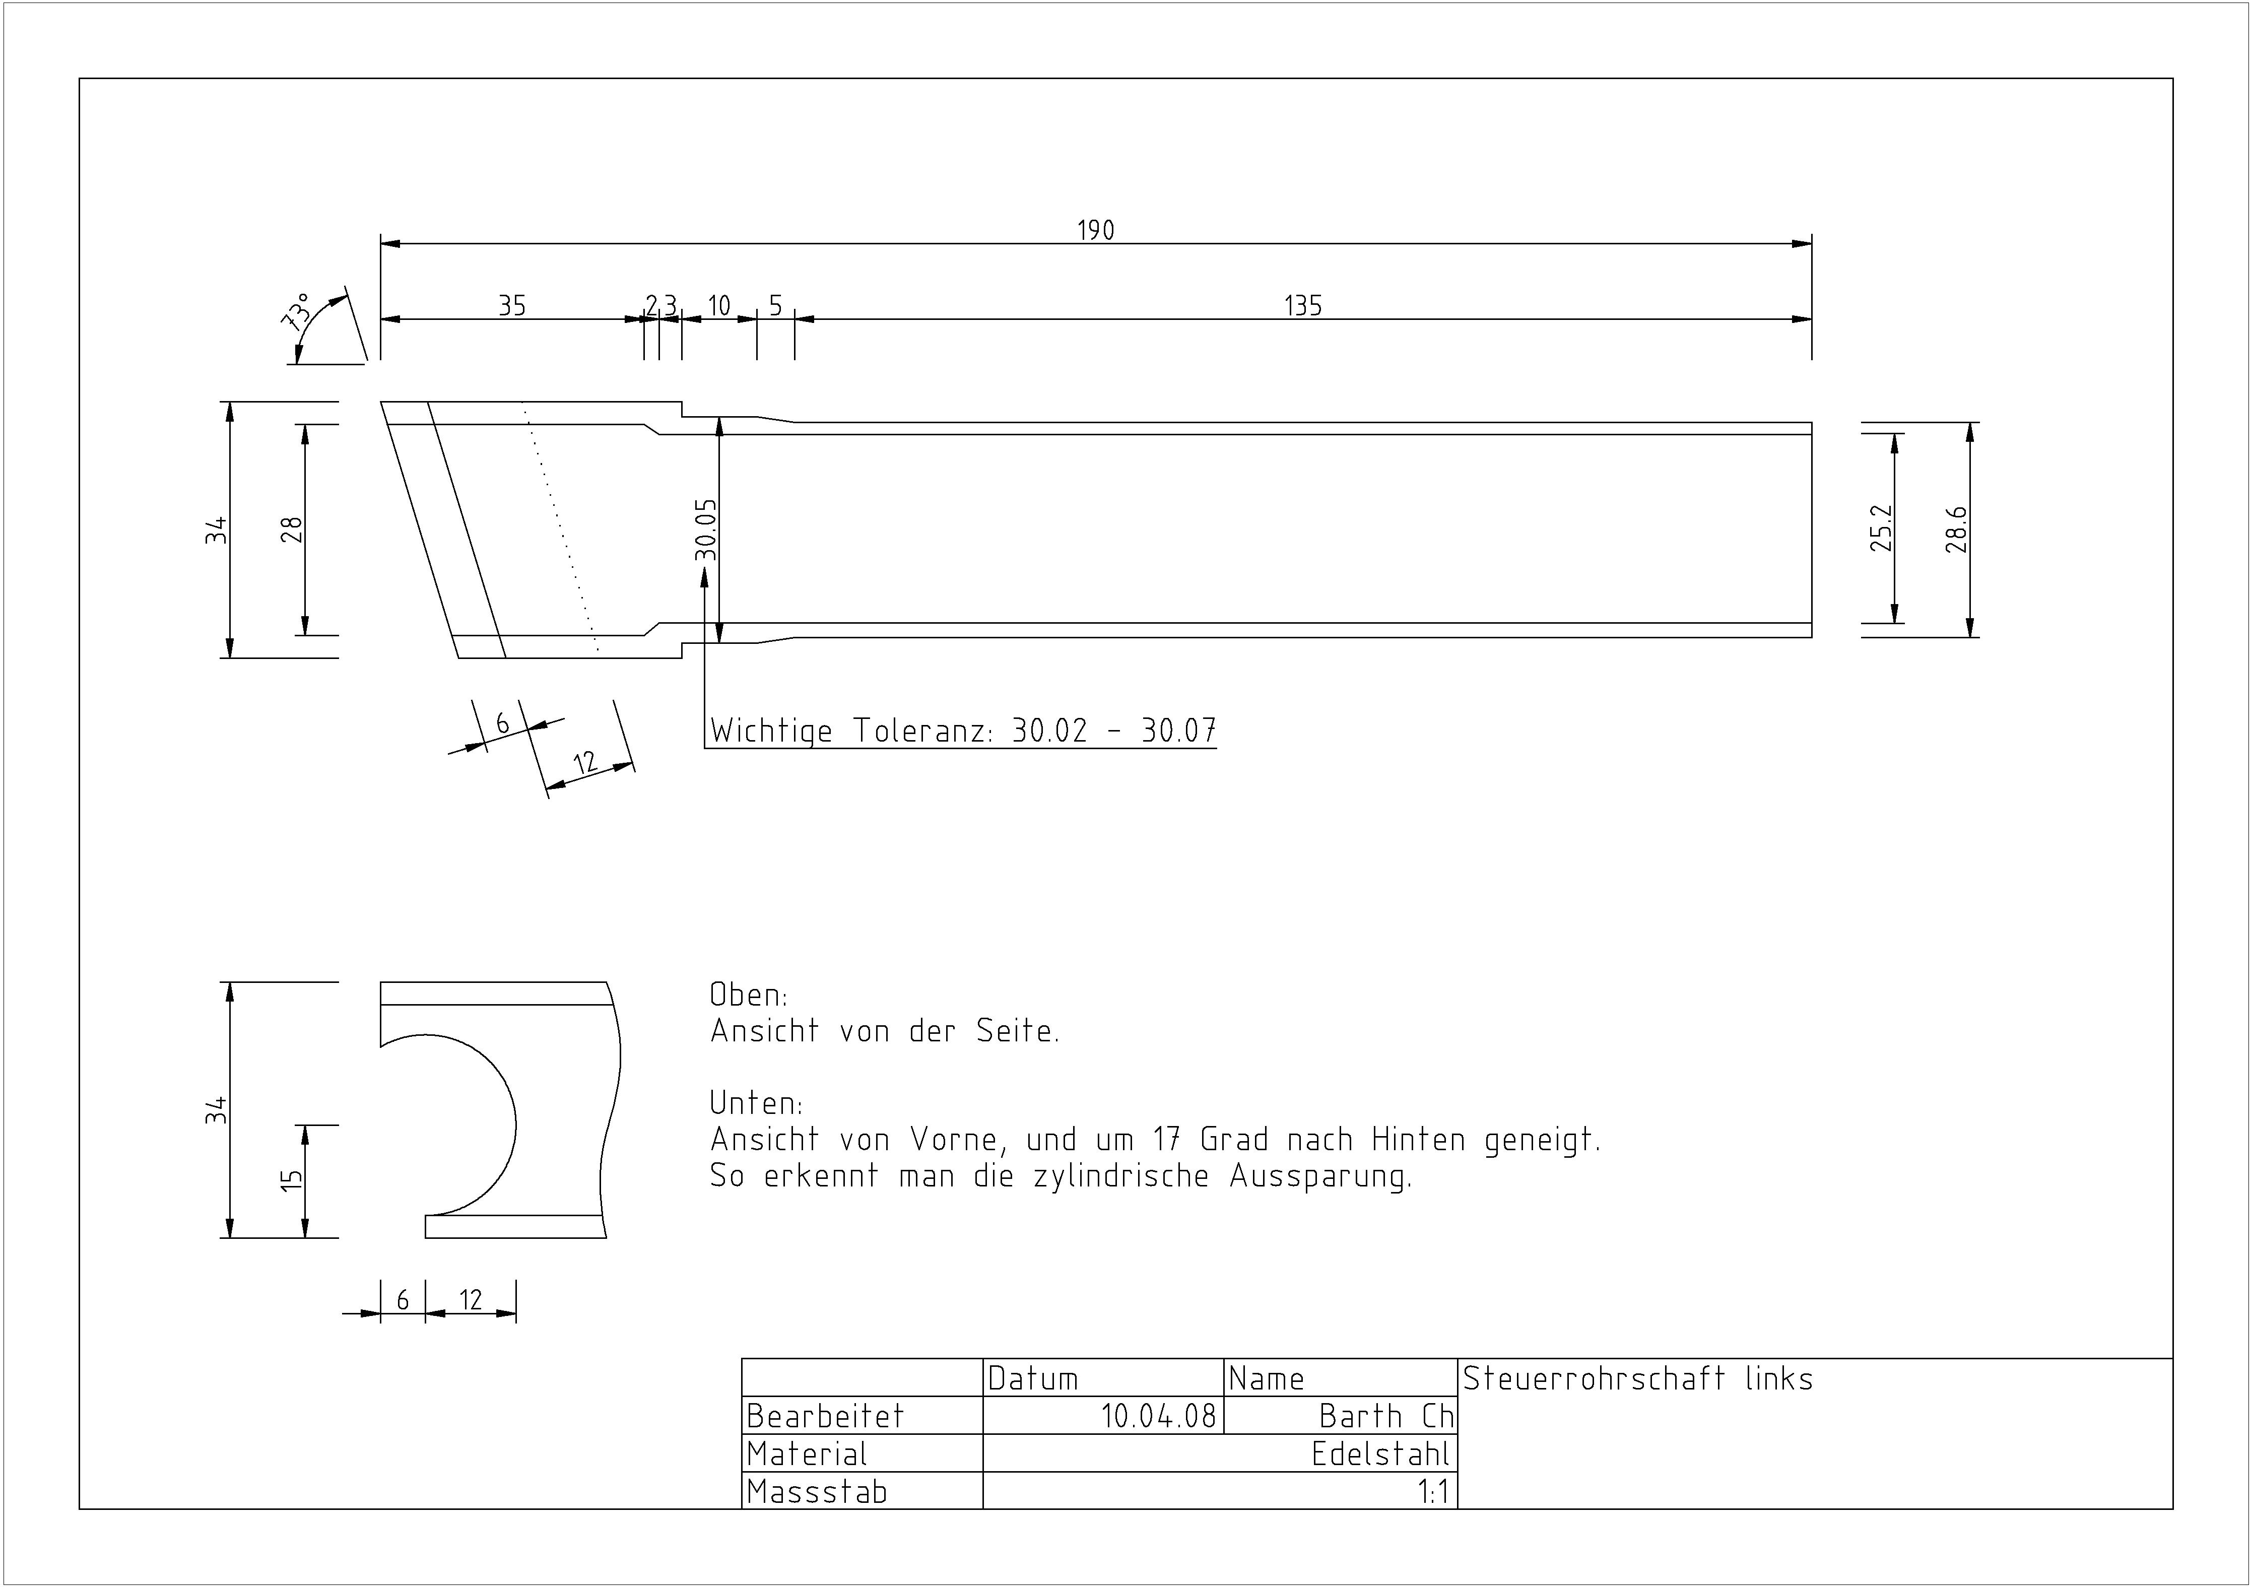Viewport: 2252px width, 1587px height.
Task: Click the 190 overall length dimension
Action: pos(1096,231)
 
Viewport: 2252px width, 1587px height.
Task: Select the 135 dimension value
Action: pos(1303,306)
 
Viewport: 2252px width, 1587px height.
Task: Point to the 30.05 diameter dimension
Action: pos(706,530)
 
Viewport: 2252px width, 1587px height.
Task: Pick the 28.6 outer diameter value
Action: pos(1956,530)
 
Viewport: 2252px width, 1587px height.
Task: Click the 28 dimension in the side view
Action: pos(291,530)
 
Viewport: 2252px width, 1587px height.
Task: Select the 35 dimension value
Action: pos(512,306)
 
